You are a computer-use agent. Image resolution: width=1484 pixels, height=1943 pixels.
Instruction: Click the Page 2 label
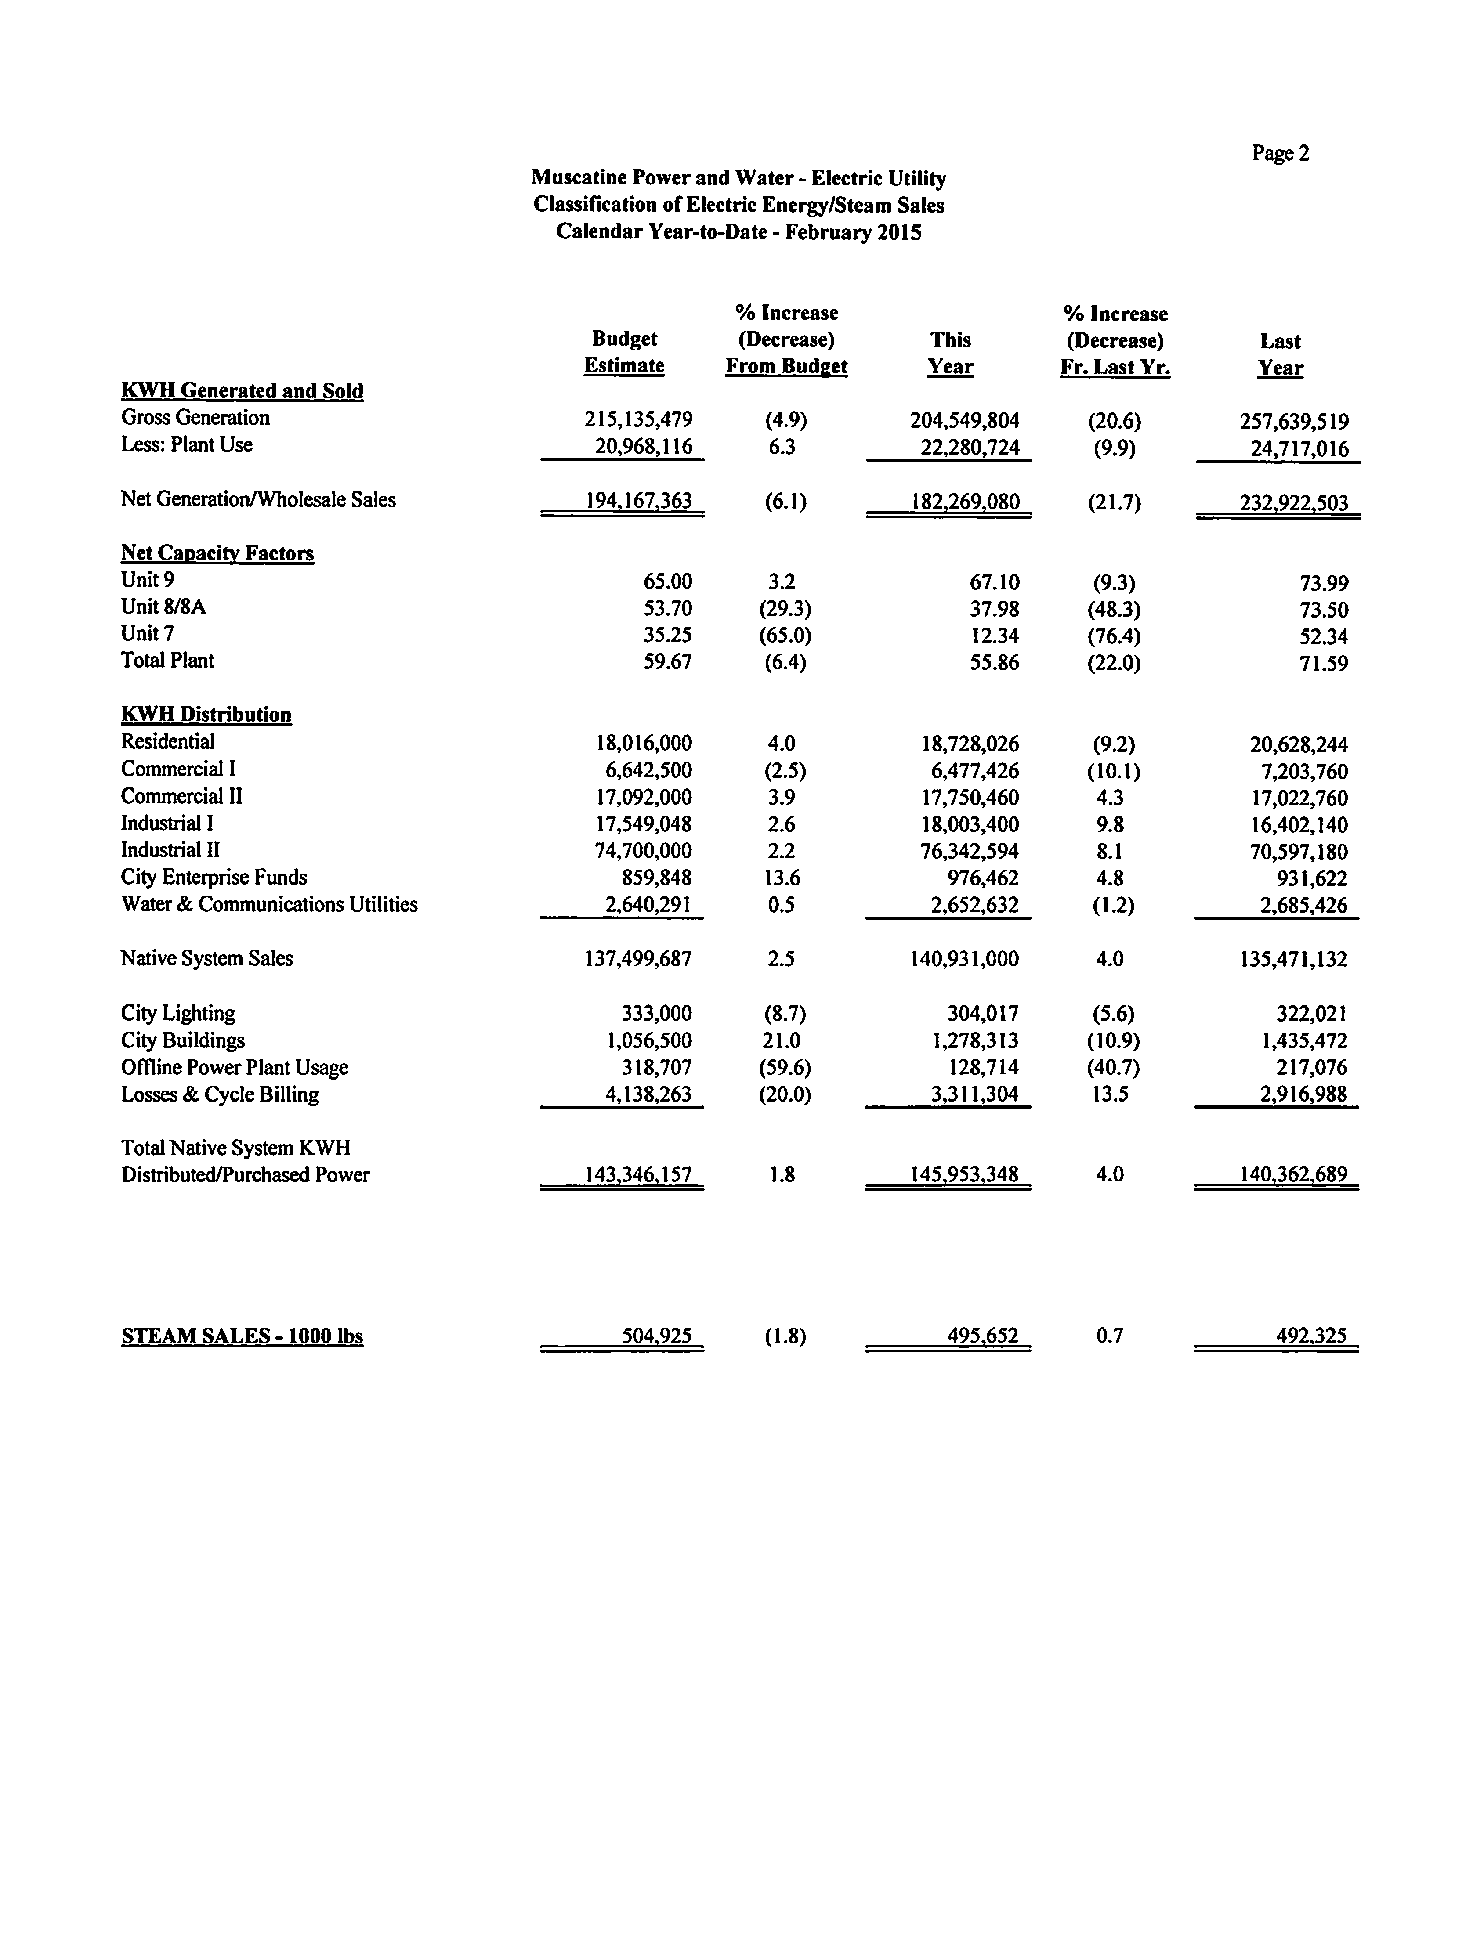pos(1280,154)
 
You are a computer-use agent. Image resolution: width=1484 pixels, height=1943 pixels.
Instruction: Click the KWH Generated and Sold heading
pos(242,391)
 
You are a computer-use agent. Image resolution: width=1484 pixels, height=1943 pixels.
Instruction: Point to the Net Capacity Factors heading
pos(217,554)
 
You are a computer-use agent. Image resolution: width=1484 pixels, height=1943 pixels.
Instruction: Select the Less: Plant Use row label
pos(186,445)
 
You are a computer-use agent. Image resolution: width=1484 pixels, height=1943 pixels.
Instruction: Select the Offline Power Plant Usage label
pos(234,1068)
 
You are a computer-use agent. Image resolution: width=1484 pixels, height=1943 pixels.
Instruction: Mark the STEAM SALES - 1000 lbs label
pos(242,1336)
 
